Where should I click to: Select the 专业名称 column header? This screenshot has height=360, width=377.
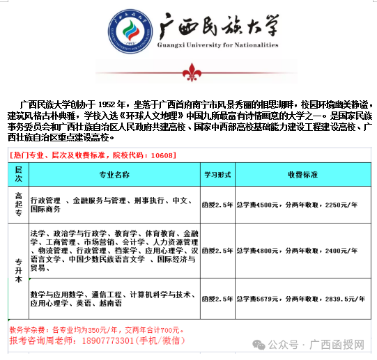(114, 173)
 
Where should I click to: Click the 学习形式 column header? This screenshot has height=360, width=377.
(216, 173)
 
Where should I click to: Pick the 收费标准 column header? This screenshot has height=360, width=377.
(302, 173)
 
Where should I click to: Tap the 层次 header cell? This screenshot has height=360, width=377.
(19, 173)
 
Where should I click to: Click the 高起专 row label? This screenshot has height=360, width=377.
(19, 205)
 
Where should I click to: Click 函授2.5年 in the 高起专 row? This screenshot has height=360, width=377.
(217, 205)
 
